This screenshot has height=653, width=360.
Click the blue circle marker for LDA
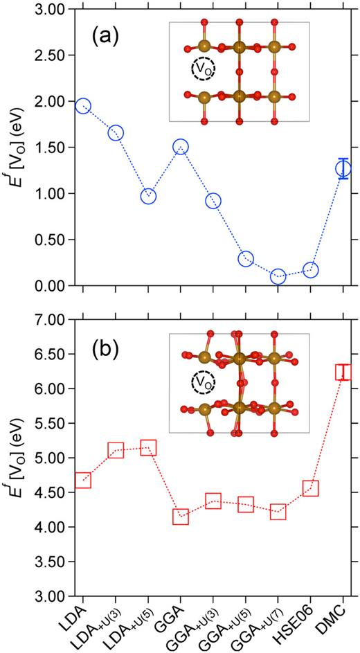pos(83,106)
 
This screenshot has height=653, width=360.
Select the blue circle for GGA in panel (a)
pos(181,147)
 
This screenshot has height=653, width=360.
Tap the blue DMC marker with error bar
pos(343,168)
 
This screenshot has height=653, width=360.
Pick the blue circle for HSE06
pos(311,269)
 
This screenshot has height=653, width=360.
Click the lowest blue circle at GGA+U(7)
pos(278,276)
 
